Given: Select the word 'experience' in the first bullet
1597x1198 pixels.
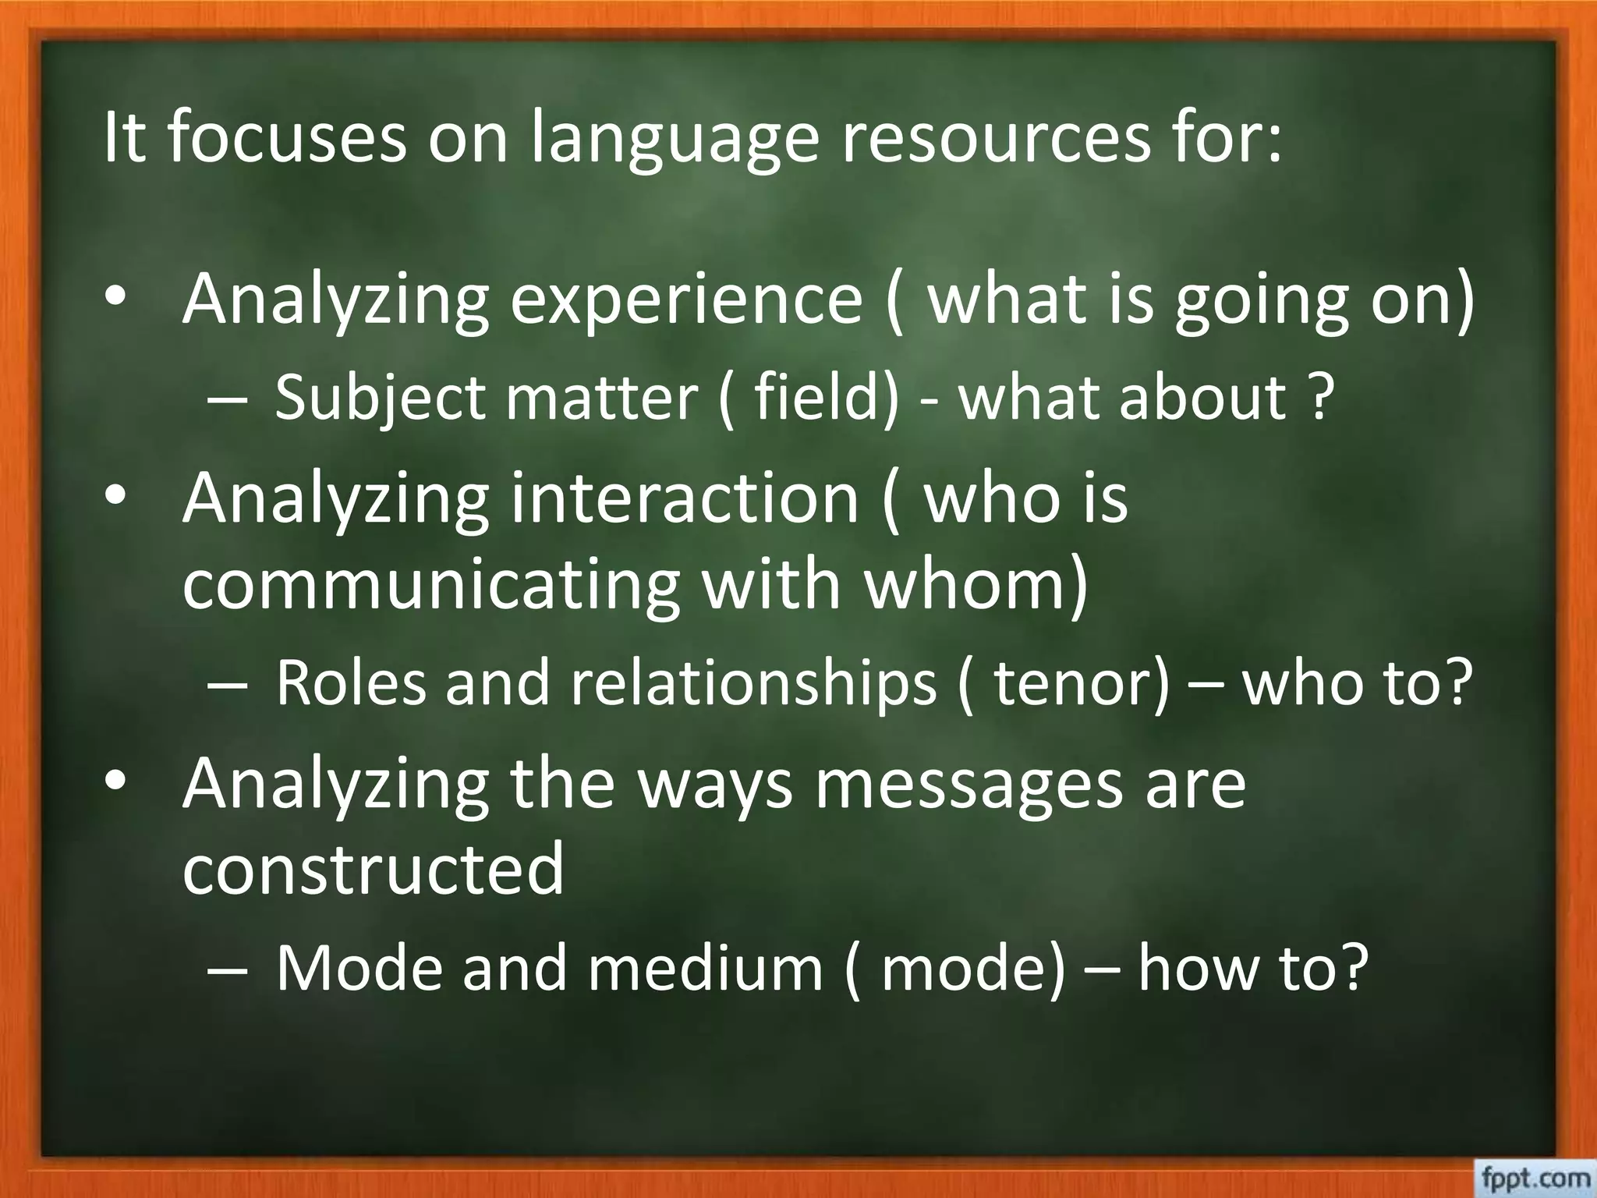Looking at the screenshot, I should (686, 300).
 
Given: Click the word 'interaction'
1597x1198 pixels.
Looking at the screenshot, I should (685, 498).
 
